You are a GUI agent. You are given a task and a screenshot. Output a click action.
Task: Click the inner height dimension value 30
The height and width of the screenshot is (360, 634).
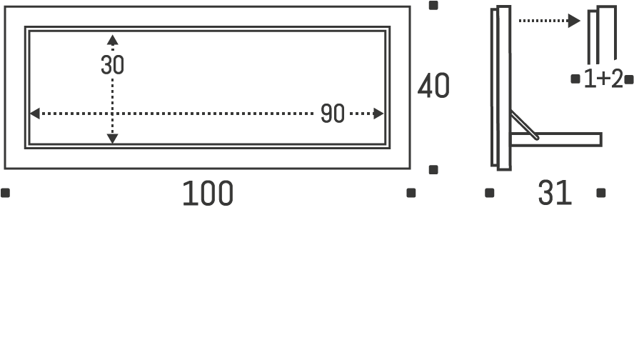112,65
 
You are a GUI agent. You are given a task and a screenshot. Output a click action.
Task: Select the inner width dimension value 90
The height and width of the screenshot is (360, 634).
332,114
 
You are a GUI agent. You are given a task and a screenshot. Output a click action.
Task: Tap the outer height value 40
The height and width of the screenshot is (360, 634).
433,86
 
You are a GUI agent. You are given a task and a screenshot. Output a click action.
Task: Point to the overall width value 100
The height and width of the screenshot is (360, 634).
208,194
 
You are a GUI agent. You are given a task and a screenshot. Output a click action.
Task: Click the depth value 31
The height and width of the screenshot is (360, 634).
555,193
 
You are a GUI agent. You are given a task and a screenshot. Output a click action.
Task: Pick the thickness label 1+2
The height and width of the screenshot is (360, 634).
603,79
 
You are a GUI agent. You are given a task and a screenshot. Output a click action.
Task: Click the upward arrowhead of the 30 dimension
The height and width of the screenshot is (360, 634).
112,39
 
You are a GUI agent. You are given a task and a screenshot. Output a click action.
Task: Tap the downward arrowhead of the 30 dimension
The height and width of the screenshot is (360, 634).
112,138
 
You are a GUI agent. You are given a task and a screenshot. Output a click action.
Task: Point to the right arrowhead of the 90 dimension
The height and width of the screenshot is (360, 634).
379,114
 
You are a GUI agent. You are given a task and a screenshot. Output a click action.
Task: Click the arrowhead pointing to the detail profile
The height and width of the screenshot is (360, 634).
574,21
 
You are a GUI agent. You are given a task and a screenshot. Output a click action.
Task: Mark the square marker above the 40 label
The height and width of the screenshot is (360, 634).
433,6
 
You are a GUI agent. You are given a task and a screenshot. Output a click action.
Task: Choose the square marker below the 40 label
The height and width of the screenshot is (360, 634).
433,169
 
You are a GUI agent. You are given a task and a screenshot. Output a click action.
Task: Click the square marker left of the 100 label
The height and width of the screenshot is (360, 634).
6,192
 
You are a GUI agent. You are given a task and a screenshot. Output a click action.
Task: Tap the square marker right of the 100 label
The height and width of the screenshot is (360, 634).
411,192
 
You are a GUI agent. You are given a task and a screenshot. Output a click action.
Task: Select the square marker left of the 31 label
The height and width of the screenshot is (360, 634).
490,192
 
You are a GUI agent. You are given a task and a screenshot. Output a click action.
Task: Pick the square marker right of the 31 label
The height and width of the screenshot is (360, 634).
601,192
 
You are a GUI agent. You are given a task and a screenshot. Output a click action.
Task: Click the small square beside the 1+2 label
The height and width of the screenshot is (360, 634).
575,79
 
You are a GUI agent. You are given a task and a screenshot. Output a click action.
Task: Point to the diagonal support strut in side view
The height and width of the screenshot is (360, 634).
524,127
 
